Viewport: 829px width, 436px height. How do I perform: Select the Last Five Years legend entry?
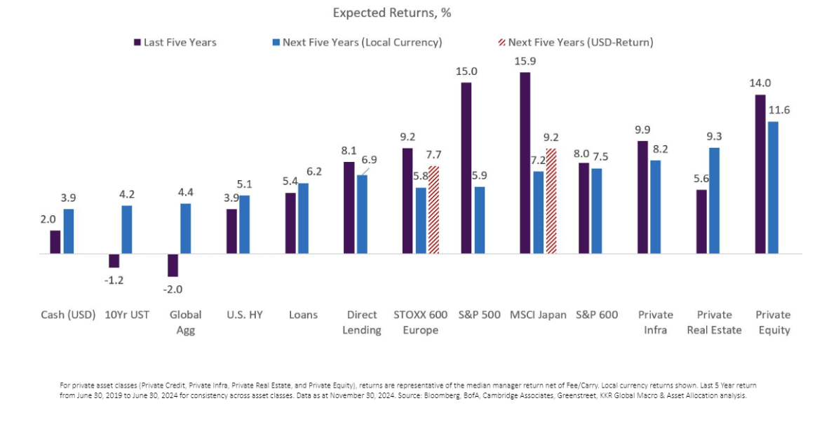tap(180, 42)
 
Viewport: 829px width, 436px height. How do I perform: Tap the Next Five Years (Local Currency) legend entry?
tap(362, 42)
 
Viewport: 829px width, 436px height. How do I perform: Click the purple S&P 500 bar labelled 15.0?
tap(466, 168)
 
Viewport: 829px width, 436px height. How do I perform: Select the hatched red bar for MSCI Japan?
tap(551, 200)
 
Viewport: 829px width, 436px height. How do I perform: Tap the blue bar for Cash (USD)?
tap(68, 231)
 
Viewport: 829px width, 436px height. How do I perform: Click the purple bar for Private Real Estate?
tap(701, 221)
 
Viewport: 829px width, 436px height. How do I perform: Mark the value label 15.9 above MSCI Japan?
tap(525, 61)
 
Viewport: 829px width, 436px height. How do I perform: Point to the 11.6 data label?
tap(779, 110)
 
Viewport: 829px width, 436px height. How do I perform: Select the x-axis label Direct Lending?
tap(362, 322)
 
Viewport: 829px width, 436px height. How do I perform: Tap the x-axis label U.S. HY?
tap(245, 315)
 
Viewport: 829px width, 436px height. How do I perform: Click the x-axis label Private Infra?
tap(655, 322)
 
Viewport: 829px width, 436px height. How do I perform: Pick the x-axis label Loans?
tap(303, 315)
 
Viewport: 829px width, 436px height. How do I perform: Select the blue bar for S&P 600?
tap(596, 211)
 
